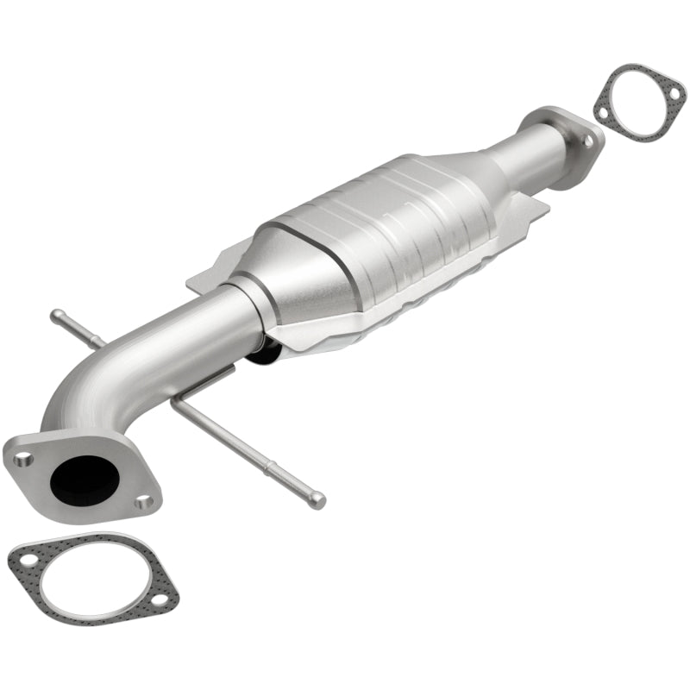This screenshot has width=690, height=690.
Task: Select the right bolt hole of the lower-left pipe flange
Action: [145, 501]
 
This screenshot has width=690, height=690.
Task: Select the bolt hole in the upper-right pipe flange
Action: [589, 141]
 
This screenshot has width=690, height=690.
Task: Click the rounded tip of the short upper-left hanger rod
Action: [55, 314]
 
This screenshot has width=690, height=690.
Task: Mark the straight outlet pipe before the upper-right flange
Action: [535, 147]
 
